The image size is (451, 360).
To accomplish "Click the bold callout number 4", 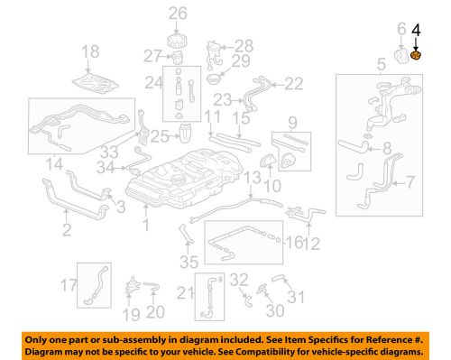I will [x=416, y=30].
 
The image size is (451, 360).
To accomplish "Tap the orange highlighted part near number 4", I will [x=416, y=55].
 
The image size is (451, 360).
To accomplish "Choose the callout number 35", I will [x=187, y=263].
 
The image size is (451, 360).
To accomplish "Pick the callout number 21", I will [x=187, y=292].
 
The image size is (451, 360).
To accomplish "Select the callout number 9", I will [x=292, y=122].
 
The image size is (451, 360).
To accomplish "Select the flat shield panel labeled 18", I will [x=98, y=81].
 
